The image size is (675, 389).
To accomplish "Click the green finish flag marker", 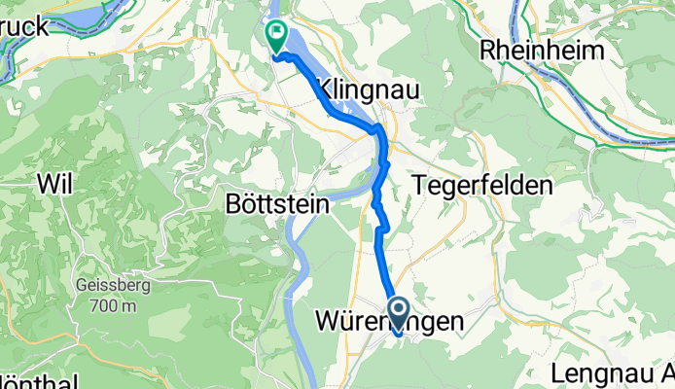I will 276,37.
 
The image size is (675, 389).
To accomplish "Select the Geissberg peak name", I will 109,288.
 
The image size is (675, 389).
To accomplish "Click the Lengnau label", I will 605,372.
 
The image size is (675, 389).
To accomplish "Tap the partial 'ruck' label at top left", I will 24,26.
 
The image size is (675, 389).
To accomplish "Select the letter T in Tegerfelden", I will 419,184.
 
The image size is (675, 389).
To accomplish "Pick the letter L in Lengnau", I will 557,372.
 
